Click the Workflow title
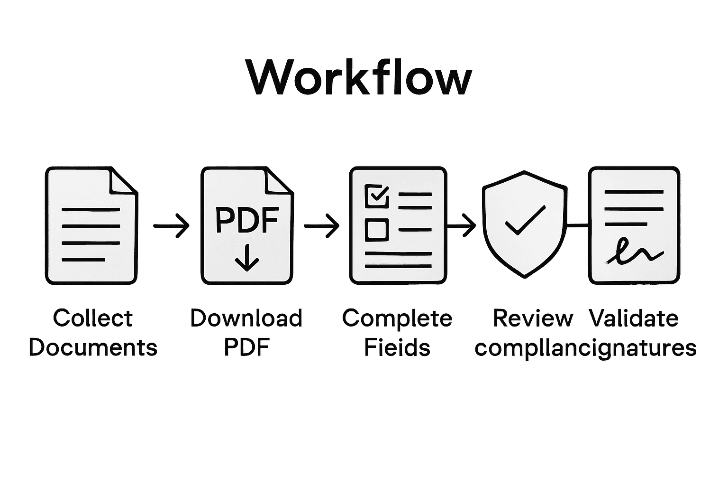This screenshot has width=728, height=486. click(x=359, y=77)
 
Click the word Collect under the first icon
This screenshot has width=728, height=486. click(x=93, y=318)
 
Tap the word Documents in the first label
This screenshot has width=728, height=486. click(x=93, y=347)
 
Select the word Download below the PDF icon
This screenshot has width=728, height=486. click(x=246, y=318)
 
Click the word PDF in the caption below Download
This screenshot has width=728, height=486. click(x=246, y=347)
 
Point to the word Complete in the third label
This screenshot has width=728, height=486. click(x=397, y=318)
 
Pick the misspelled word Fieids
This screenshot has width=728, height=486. click(x=397, y=347)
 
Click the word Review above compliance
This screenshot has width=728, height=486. click(x=533, y=318)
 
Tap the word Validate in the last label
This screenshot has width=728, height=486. click(x=634, y=318)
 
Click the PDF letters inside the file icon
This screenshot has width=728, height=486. click(x=246, y=220)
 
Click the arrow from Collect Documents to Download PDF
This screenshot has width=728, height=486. click(x=171, y=226)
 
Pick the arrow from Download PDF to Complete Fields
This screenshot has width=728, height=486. click(x=321, y=226)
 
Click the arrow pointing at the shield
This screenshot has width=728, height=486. click(x=462, y=225)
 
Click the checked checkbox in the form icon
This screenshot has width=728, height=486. click(x=377, y=196)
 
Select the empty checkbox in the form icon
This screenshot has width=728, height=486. click(x=377, y=229)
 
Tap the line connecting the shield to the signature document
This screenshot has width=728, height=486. click(x=577, y=225)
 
